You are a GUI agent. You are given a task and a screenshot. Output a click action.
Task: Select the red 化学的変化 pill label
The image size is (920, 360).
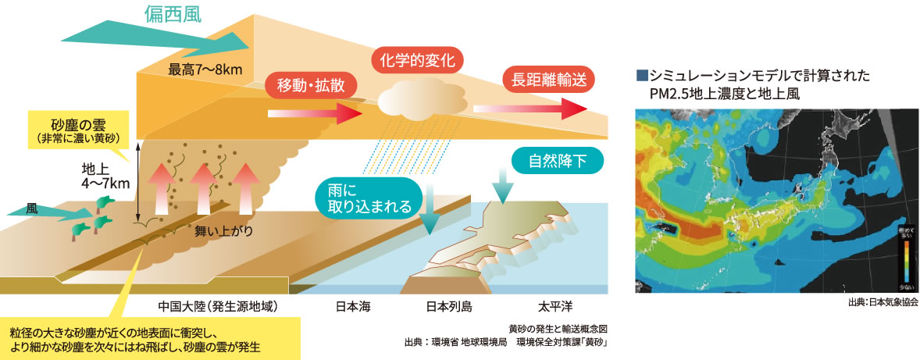pos(416,60)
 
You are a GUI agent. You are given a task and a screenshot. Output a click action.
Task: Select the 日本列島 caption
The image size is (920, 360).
pos(449,305)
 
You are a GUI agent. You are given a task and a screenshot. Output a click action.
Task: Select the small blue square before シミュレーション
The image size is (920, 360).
pos(642,77)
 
